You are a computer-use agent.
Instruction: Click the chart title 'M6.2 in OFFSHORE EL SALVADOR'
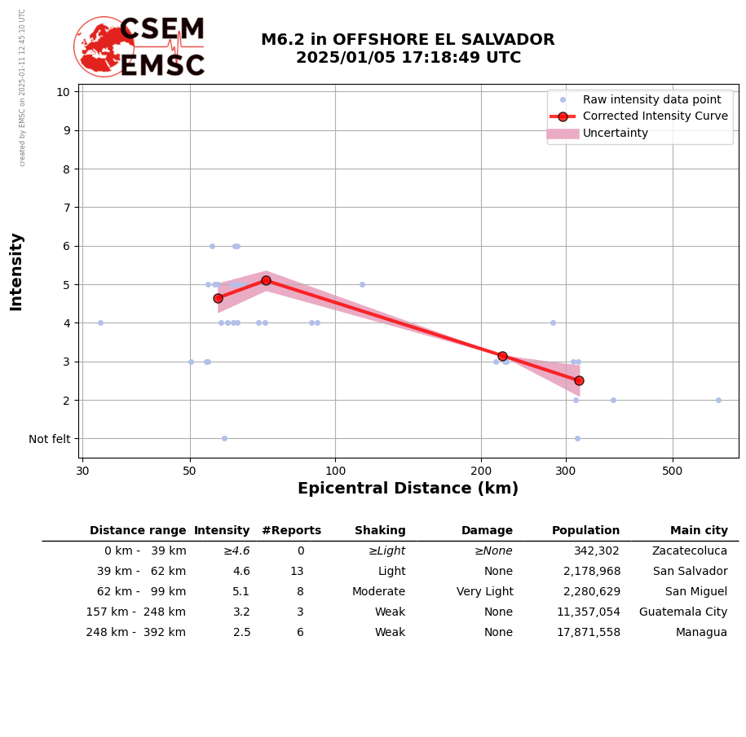pyautogui.click(x=408, y=40)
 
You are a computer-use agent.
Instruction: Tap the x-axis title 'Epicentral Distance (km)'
pyautogui.click(x=408, y=489)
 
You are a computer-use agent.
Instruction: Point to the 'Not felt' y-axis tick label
pyautogui.click(x=50, y=439)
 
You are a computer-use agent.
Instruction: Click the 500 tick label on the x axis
pyautogui.click(x=672, y=471)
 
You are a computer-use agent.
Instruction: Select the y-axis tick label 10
pyautogui.click(x=63, y=91)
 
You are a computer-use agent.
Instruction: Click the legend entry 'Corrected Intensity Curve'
pyautogui.click(x=655, y=116)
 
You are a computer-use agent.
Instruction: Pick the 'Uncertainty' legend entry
pyautogui.click(x=615, y=134)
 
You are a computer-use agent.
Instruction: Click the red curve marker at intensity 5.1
pyautogui.click(x=266, y=280)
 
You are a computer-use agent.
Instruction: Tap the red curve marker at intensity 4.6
pyautogui.click(x=218, y=298)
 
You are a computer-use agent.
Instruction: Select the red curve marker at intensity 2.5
pyautogui.click(x=579, y=380)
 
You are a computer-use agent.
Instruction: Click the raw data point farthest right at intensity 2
pyautogui.click(x=718, y=400)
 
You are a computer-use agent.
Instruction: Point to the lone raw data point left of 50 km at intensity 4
pyautogui.click(x=100, y=322)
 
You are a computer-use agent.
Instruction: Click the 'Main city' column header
pyautogui.click(x=699, y=531)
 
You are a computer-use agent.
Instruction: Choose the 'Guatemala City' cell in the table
pyautogui.click(x=683, y=612)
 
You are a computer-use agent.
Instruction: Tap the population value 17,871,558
pyautogui.click(x=588, y=633)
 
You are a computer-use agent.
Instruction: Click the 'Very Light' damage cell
pyautogui.click(x=484, y=592)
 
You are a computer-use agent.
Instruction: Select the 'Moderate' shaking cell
pyautogui.click(x=378, y=592)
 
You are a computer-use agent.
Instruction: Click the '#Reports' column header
pyautogui.click(x=291, y=531)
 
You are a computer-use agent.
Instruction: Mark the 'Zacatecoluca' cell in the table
pyautogui.click(x=690, y=551)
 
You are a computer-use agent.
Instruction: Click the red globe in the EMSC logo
pyautogui.click(x=104, y=46)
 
